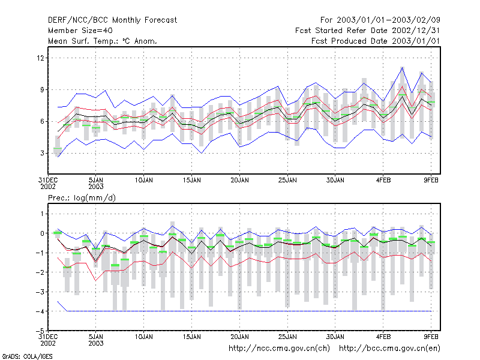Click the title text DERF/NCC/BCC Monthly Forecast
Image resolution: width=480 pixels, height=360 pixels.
[x=112, y=20]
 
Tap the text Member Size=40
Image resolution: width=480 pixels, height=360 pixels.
[x=80, y=31]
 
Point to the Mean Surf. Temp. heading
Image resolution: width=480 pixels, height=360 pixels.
[x=102, y=41]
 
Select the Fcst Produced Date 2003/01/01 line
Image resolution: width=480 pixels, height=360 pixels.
[x=376, y=41]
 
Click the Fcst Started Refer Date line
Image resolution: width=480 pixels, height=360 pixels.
[x=368, y=31]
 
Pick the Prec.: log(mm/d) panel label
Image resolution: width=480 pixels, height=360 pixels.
[x=82, y=198]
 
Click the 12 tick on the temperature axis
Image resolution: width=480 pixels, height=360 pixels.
[x=40, y=58]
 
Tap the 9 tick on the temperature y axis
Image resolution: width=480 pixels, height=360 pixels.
[x=42, y=89]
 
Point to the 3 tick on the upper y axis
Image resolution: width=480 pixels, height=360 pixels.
[x=42, y=153]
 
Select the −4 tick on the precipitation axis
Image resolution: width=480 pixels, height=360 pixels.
[x=40, y=311]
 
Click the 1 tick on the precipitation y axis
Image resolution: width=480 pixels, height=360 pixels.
[x=42, y=214]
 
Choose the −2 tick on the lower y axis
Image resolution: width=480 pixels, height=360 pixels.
[x=40, y=272]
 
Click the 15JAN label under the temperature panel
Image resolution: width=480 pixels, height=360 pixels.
[x=192, y=180]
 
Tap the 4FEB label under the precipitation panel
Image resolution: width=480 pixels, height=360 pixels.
[x=383, y=337]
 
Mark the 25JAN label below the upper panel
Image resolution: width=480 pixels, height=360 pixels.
[x=287, y=180]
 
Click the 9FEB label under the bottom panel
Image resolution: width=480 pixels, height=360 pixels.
[x=431, y=337]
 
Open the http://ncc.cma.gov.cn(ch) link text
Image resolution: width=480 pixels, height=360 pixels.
[x=279, y=349]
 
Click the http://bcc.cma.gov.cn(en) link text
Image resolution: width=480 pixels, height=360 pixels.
[x=389, y=349]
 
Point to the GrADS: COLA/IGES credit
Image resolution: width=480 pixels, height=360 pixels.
[x=27, y=356]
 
